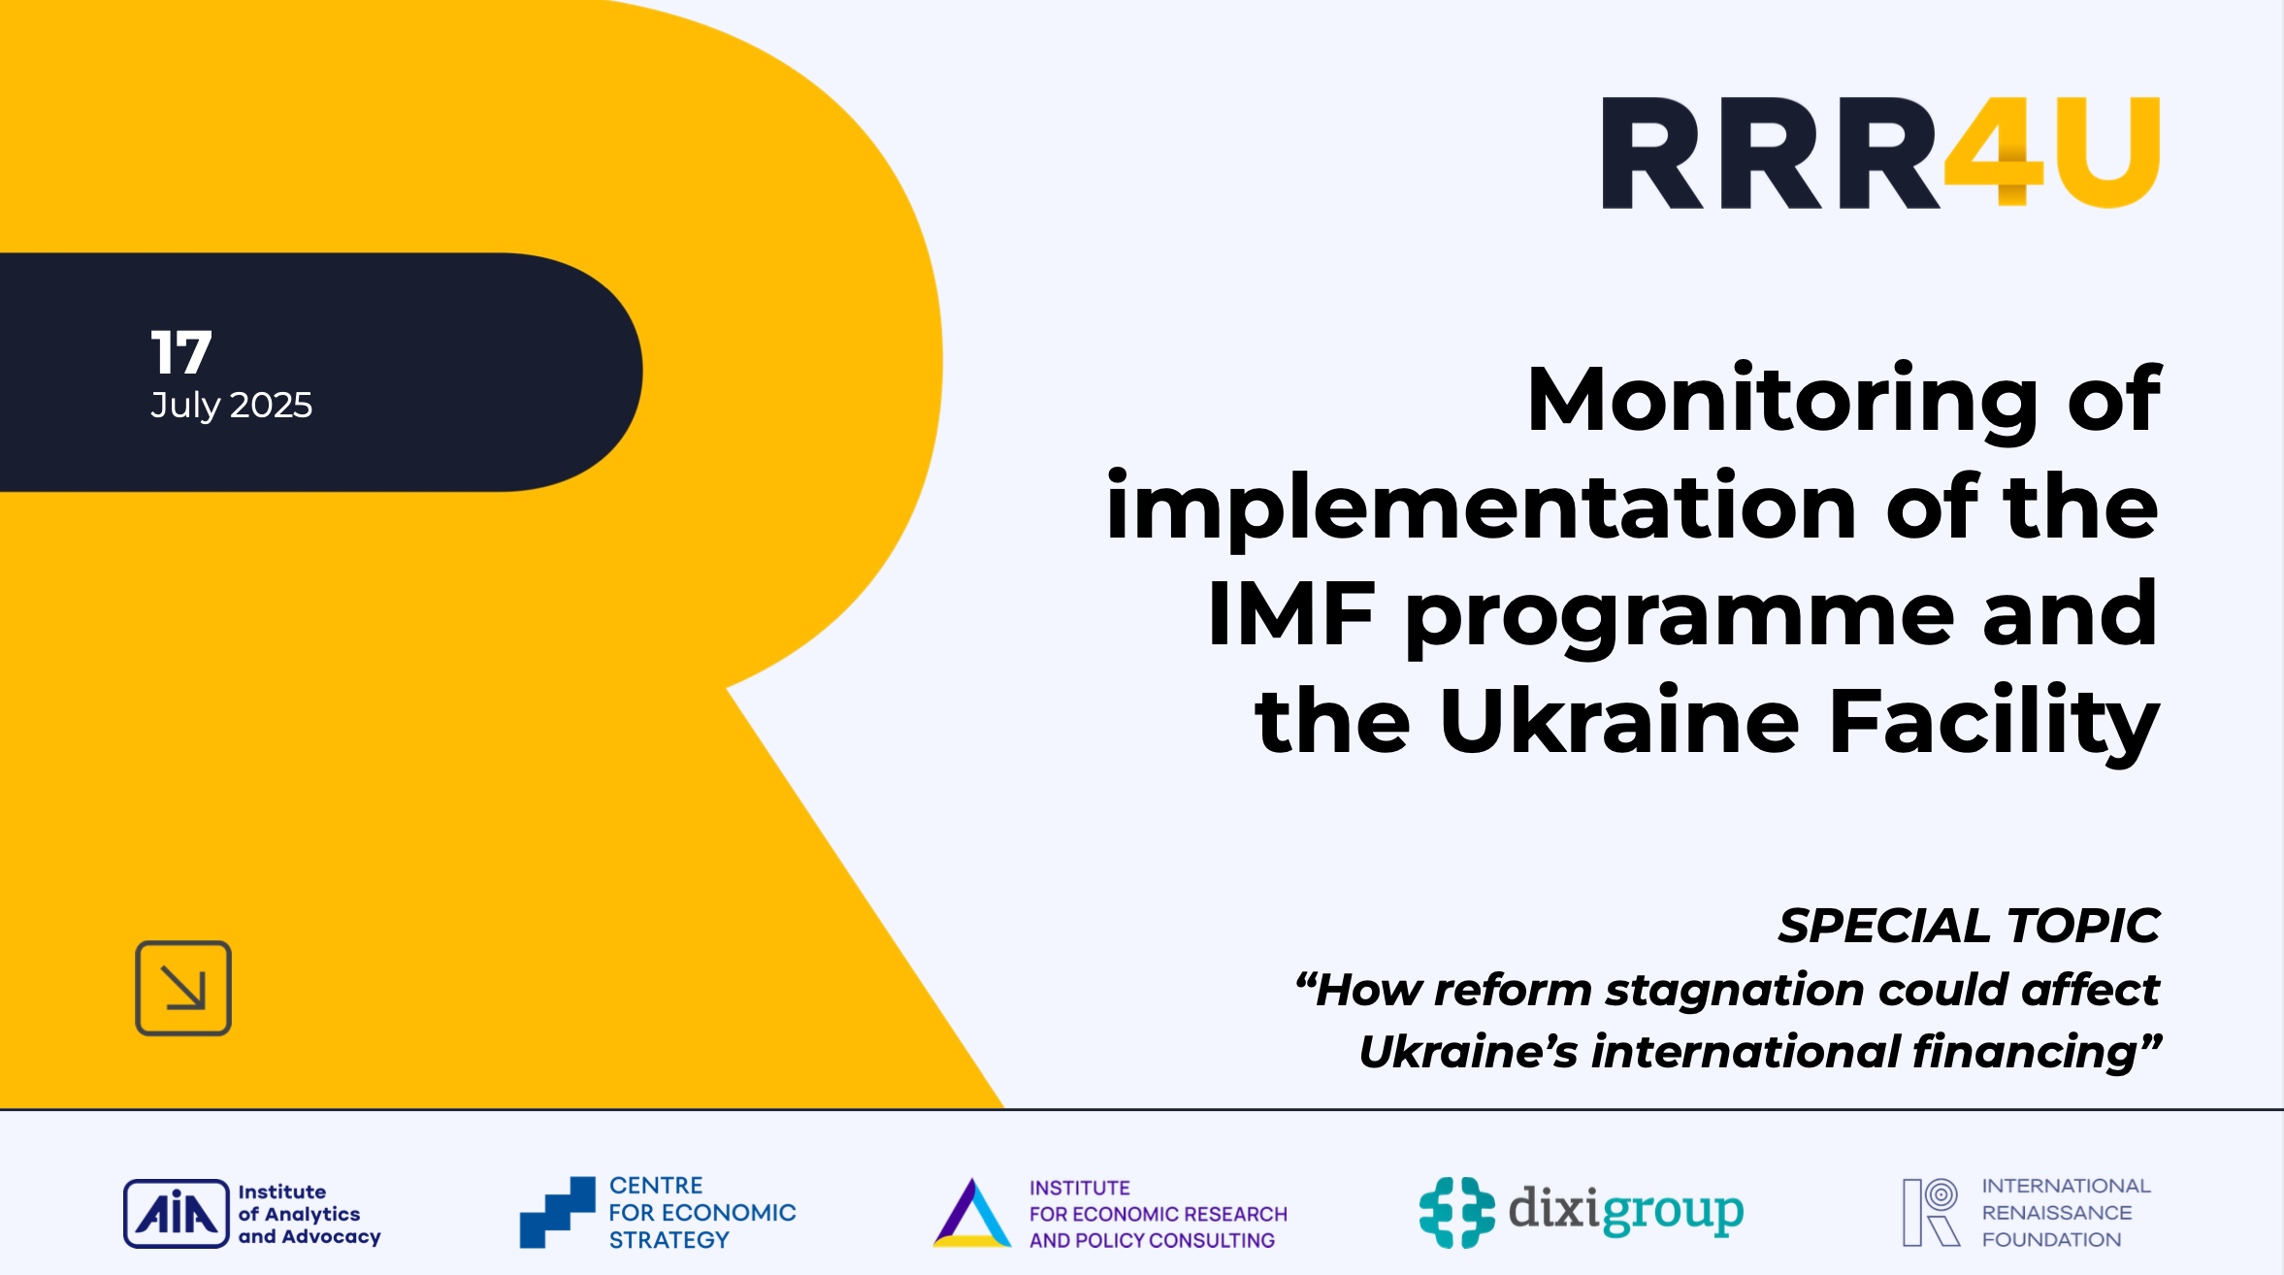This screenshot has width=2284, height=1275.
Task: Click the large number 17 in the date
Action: [181, 352]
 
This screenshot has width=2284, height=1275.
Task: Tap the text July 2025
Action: [231, 405]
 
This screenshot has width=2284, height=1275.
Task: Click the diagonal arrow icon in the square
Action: [183, 988]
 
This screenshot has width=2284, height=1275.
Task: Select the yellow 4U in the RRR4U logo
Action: [2052, 152]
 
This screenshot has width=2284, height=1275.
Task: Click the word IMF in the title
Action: [1290, 613]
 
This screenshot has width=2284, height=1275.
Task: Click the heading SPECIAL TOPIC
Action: [1969, 926]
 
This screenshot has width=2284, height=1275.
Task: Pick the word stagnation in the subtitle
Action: [1735, 990]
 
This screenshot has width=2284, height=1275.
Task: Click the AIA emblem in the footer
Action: [176, 1213]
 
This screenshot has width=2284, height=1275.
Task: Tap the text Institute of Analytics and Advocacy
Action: [309, 1214]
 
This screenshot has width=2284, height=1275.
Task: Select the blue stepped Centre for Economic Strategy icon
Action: [557, 1212]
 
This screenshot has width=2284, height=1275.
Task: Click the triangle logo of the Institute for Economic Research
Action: [971, 1213]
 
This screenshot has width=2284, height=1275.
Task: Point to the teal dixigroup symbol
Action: [1456, 1212]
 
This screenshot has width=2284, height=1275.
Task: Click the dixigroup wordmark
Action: [1625, 1210]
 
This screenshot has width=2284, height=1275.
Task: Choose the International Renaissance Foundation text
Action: [2065, 1212]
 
